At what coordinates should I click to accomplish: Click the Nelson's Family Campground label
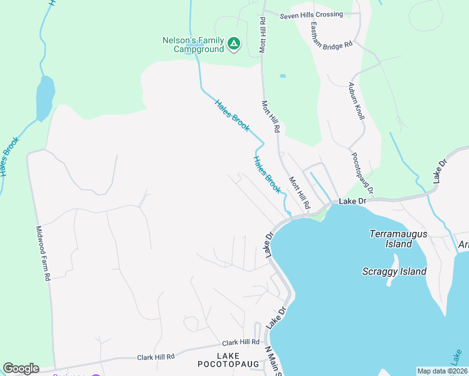[x=192, y=44]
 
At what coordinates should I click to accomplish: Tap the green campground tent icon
[x=233, y=44]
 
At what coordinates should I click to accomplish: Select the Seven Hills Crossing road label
[x=312, y=14]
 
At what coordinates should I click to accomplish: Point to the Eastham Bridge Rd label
[x=332, y=36]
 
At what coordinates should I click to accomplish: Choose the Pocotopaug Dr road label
[x=362, y=173]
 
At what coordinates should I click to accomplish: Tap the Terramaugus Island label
[x=398, y=238]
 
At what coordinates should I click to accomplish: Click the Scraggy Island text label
[x=394, y=271]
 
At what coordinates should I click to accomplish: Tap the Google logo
[x=21, y=368]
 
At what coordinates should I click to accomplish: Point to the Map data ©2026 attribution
[x=442, y=371]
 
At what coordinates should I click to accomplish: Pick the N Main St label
[x=273, y=362]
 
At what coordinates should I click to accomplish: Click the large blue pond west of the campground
[x=45, y=97]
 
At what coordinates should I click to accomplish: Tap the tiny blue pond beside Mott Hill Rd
[x=283, y=76]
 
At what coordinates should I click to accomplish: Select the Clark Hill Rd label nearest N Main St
[x=241, y=343]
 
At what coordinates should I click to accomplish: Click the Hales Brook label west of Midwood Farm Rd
[x=10, y=156]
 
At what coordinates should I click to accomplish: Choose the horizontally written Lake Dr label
[x=352, y=202]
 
